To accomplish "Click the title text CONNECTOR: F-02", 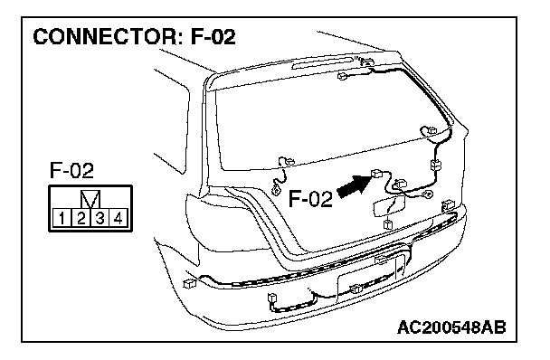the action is tap(135, 37).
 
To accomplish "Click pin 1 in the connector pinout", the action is tap(62, 218).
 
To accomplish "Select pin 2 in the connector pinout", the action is tap(81, 218).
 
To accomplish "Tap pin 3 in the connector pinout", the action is tap(100, 218).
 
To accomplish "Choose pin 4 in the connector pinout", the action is tap(119, 218).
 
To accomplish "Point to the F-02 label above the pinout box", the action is tap(71, 171).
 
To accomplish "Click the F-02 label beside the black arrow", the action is tap(310, 199).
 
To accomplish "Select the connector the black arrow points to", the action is tap(377, 173).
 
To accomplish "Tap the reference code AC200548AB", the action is tap(451, 327).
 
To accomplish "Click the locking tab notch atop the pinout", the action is tap(90, 199).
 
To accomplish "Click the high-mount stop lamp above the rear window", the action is tap(323, 62).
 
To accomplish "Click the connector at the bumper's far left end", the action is tap(189, 283).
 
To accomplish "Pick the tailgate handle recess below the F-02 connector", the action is tap(389, 207).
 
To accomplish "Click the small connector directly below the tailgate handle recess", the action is tap(388, 223).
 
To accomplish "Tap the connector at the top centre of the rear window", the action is tap(343, 75).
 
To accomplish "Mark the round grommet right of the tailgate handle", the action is tap(428, 194).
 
